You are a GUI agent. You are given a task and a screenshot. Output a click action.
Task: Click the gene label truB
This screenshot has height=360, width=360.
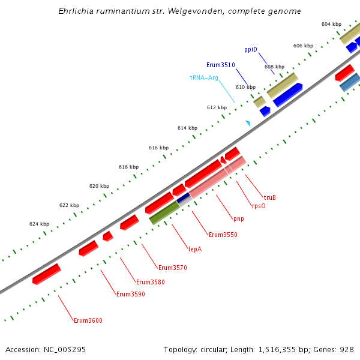pyautogui.click(x=270, y=197)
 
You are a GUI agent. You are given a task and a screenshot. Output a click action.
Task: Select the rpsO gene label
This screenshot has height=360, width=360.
pyautogui.click(x=259, y=206)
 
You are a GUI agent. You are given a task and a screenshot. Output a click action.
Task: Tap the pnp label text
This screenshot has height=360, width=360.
pyautogui.click(x=239, y=218)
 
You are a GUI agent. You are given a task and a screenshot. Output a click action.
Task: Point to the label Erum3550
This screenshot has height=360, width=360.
pyautogui.click(x=223, y=235)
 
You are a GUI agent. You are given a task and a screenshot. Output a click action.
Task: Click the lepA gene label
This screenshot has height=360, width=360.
pyautogui.click(x=195, y=249)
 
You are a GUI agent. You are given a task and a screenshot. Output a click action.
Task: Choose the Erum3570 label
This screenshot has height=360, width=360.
pyautogui.click(x=173, y=268)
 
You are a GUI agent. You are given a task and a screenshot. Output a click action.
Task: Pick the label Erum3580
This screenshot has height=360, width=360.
pyautogui.click(x=150, y=282)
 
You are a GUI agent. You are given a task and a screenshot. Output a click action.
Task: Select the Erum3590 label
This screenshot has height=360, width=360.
pyautogui.click(x=130, y=294)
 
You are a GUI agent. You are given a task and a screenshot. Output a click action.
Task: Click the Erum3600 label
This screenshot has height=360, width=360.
pyautogui.click(x=88, y=320)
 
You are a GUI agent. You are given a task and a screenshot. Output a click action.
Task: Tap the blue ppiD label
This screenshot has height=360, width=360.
pyautogui.click(x=251, y=49)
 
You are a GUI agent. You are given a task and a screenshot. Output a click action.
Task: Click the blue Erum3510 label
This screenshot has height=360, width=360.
pyautogui.click(x=220, y=65)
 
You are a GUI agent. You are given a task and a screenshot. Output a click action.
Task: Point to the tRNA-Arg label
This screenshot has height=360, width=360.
pyautogui.click(x=204, y=77)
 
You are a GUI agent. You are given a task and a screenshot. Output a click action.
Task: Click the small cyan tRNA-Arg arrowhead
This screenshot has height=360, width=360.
pyautogui.click(x=248, y=123)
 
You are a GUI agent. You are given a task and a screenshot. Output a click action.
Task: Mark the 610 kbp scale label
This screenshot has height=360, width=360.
pyautogui.click(x=245, y=87)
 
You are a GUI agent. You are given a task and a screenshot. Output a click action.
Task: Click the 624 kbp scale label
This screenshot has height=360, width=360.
pyautogui.click(x=39, y=224)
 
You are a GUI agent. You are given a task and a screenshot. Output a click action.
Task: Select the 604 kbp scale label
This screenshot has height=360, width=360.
pyautogui.click(x=331, y=24)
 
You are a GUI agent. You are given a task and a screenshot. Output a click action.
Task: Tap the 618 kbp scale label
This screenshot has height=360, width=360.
pyautogui.click(x=128, y=167)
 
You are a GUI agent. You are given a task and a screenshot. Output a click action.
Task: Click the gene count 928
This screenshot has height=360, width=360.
pyautogui.click(x=346, y=349)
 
